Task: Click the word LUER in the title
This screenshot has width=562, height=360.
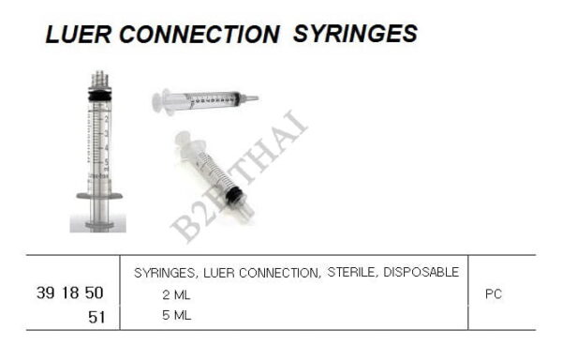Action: pos(78,35)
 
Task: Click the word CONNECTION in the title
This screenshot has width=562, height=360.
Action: pos(199,35)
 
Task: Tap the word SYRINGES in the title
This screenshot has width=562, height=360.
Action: pos(355,34)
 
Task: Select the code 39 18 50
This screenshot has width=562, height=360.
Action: pos(70,292)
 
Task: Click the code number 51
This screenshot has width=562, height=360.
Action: pos(96,317)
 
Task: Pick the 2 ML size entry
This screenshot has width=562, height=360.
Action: pos(176,294)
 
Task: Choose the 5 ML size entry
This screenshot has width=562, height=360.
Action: pos(176,315)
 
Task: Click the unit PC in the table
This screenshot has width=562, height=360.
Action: pos(494,294)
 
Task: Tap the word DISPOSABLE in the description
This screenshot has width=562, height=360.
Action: pos(421,272)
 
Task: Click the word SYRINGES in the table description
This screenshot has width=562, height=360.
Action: pos(165,273)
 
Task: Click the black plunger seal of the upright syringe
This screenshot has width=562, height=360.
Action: pos(99,96)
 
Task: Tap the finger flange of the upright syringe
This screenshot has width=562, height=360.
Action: pos(99,196)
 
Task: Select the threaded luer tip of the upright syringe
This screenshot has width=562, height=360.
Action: pos(99,79)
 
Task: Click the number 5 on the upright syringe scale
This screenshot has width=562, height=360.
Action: pos(107,162)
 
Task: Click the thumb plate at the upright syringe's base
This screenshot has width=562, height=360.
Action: pos(99,225)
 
